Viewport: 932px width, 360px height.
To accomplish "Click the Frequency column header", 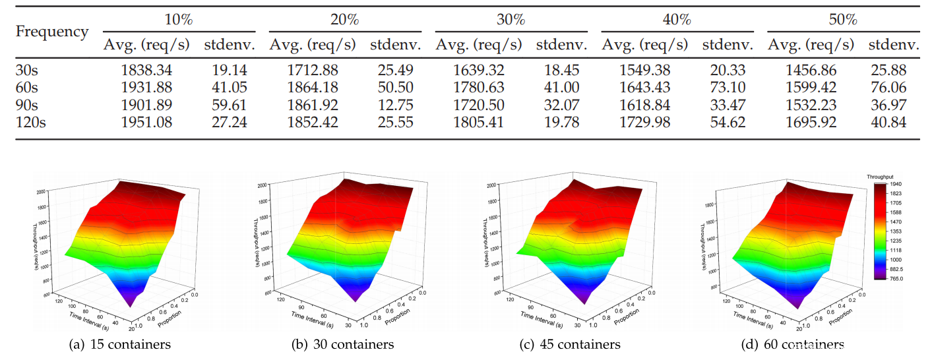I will coord(51,32).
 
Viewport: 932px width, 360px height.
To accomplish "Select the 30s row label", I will coord(27,71).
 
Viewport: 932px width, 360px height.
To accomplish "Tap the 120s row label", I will coord(30,122).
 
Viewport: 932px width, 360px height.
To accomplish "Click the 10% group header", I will coord(179,20).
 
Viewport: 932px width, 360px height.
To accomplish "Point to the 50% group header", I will coord(843,20).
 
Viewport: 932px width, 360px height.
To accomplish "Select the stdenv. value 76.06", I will coord(888,88).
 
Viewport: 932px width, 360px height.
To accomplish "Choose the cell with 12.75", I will coord(394,105).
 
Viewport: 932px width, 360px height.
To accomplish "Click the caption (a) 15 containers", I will coord(119,344).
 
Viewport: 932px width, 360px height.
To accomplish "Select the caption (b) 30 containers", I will coord(343,344).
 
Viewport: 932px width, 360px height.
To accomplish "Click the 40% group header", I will coord(677,20).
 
